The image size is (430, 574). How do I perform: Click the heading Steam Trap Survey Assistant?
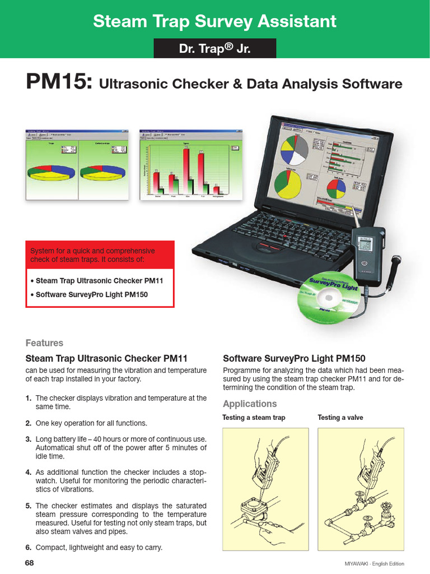click(x=214, y=21)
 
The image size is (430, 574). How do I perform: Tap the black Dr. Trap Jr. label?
click(x=215, y=49)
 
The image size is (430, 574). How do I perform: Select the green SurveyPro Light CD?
click(x=330, y=297)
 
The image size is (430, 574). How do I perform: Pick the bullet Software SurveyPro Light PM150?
click(x=89, y=294)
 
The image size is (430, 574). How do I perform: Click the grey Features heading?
click(x=44, y=343)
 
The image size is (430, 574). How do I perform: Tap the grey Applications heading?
click(x=250, y=404)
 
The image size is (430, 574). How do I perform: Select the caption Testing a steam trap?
click(x=254, y=418)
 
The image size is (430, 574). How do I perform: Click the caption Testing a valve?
click(x=340, y=418)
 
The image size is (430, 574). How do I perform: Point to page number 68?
click(x=30, y=562)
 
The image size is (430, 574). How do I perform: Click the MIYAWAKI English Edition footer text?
click(x=374, y=563)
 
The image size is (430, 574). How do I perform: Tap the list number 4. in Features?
click(x=28, y=472)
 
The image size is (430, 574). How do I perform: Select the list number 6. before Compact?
click(x=28, y=547)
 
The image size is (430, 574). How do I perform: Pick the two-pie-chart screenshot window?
click(x=79, y=164)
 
